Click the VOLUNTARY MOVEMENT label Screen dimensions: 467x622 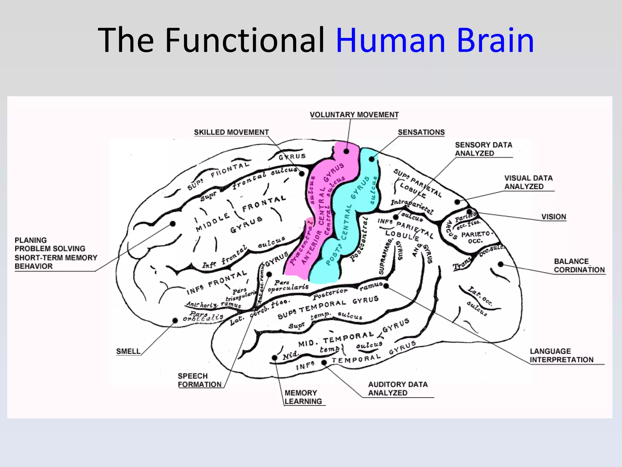click(354, 115)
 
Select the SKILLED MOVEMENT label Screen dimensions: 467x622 click(231, 132)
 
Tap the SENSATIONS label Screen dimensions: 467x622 click(421, 132)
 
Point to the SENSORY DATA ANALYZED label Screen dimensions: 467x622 click(484, 149)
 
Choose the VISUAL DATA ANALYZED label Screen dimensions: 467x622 click(528, 182)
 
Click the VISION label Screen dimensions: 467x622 click(554, 217)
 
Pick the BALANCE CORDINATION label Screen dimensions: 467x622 click(579, 265)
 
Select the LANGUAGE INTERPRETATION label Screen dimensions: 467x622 click(561, 355)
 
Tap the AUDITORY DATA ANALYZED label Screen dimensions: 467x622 click(398, 389)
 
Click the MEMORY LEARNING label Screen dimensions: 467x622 click(303, 397)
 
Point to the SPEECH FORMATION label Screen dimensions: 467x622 click(199, 380)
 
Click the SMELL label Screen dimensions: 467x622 click(128, 351)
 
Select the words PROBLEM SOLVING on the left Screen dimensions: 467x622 click(50, 248)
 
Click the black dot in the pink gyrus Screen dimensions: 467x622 click(347, 151)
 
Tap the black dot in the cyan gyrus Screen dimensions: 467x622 click(371, 159)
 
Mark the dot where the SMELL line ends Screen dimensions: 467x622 click(175, 320)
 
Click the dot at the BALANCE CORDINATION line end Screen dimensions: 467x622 click(501, 264)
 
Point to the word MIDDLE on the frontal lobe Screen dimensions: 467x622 click(213, 222)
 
